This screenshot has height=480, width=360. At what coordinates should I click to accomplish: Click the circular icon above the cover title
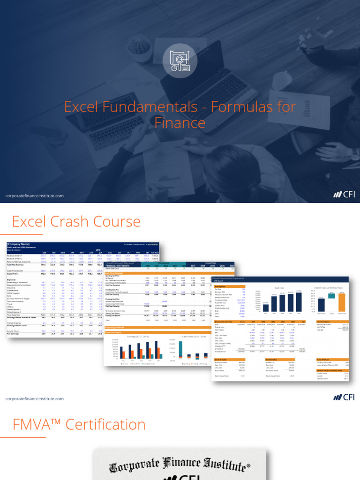(x=180, y=62)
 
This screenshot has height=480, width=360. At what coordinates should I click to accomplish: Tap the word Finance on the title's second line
(x=180, y=123)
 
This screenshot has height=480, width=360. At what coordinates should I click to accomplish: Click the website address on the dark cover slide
(x=35, y=196)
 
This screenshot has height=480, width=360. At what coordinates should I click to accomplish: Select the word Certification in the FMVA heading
(x=105, y=425)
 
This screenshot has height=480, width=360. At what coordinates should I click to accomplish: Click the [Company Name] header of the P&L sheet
(x=18, y=244)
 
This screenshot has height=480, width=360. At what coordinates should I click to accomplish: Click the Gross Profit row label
(x=14, y=274)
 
